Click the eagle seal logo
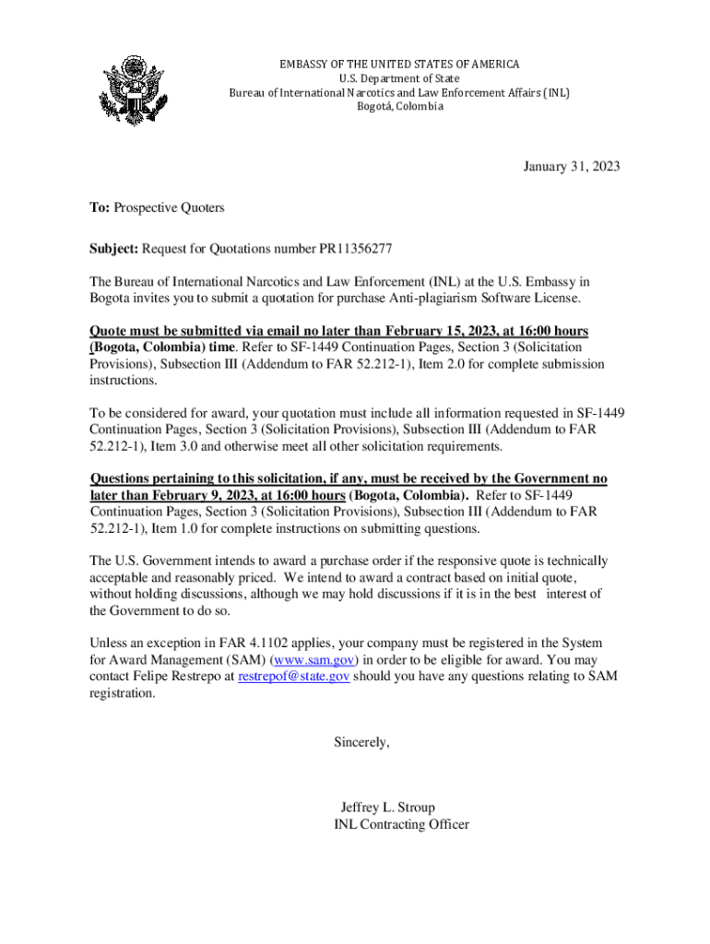(x=135, y=91)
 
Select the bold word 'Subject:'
(x=113, y=249)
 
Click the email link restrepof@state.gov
(x=293, y=677)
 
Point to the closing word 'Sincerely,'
(x=362, y=742)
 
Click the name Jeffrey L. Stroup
(x=387, y=808)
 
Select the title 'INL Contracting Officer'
(x=401, y=824)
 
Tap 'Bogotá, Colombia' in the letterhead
(x=400, y=107)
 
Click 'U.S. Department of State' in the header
(x=400, y=78)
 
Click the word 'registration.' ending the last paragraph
(x=123, y=693)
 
